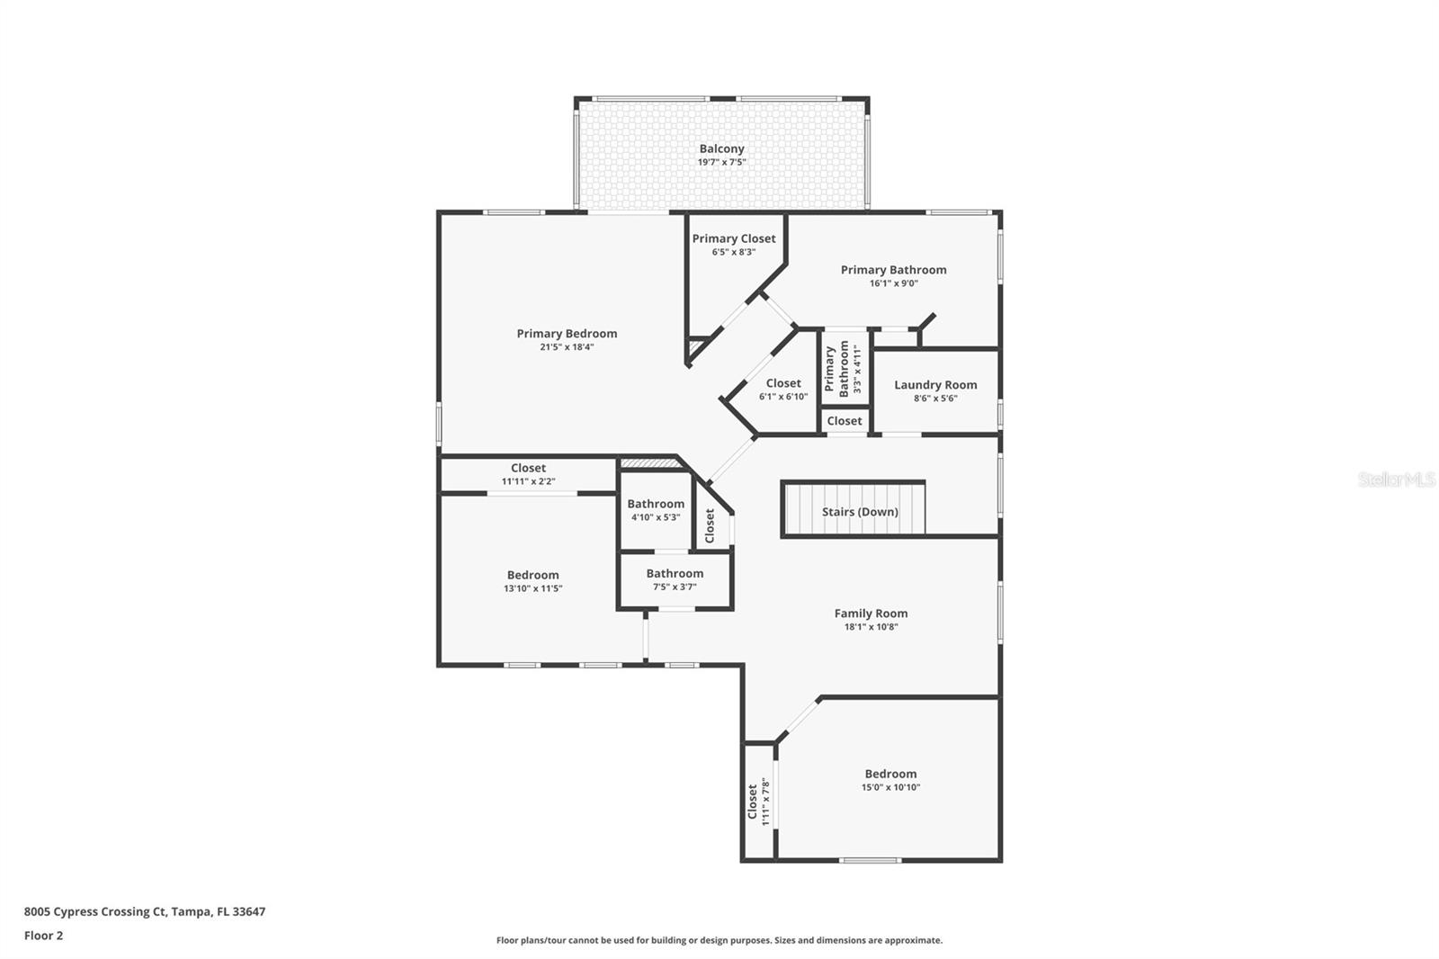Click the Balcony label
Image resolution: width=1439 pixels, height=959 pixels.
[721, 149]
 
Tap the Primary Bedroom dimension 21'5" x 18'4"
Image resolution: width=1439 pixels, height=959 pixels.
[567, 347]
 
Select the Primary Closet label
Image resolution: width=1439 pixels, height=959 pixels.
[733, 239]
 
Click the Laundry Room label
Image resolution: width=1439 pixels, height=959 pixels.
[935, 385]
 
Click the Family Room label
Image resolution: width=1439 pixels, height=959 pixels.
[871, 614]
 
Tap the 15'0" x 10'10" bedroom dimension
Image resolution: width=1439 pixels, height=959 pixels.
[890, 787]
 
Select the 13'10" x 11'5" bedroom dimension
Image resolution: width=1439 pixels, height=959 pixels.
[532, 588]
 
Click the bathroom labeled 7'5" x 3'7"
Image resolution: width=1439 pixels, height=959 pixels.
[675, 579]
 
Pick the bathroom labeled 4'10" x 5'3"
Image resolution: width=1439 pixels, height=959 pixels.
[656, 510]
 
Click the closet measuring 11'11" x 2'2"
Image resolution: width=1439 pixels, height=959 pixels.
[528, 474]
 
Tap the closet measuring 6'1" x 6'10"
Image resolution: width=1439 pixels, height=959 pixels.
[783, 389]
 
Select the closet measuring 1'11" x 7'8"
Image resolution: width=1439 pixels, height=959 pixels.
[758, 801]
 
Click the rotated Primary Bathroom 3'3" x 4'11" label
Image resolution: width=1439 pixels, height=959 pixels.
[844, 368]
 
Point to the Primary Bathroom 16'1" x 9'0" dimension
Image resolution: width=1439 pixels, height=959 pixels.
[893, 283]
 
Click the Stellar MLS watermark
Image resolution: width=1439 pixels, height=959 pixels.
[1396, 479]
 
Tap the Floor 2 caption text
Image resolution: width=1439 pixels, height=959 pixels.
[43, 936]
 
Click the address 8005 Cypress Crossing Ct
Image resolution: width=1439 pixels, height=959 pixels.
[144, 911]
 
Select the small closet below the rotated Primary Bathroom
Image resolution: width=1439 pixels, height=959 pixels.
[844, 421]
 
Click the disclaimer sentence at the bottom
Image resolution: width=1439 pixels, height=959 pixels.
[719, 940]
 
